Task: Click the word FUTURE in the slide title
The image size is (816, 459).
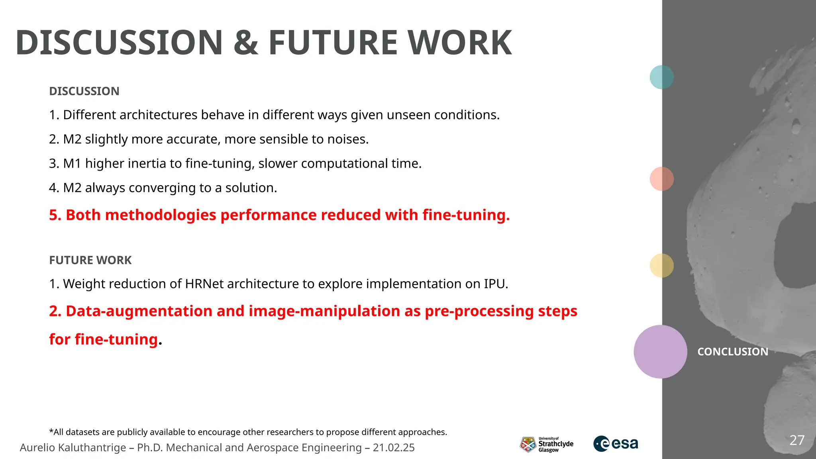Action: pyautogui.click(x=333, y=43)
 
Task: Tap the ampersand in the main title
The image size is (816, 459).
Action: pyautogui.click(x=246, y=43)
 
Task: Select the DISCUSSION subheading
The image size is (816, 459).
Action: pyautogui.click(x=84, y=91)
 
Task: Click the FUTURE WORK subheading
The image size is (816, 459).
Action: pyautogui.click(x=90, y=260)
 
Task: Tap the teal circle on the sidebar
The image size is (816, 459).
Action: pyautogui.click(x=661, y=77)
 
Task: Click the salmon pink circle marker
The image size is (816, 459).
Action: pyautogui.click(x=661, y=179)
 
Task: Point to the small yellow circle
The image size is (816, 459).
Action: pyautogui.click(x=661, y=265)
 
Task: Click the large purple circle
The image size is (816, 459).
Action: pyautogui.click(x=660, y=351)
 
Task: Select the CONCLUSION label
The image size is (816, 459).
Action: pyautogui.click(x=732, y=352)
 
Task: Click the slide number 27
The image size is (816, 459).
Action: pyautogui.click(x=797, y=440)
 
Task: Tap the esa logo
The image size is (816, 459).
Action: pyautogui.click(x=616, y=443)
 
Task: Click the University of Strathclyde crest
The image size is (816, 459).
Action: pyautogui.click(x=528, y=444)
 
